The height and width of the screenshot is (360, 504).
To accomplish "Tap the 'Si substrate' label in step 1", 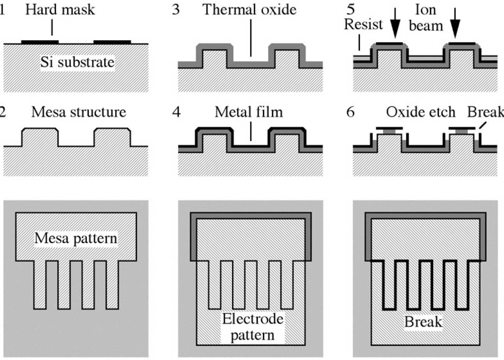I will pyautogui.click(x=78, y=61).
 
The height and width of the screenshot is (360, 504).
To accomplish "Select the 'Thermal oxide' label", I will pyautogui.click(x=250, y=10).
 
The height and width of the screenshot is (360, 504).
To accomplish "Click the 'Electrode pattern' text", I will pyautogui.click(x=250, y=326).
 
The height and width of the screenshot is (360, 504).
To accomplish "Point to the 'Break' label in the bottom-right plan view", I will pyautogui.click(x=425, y=322).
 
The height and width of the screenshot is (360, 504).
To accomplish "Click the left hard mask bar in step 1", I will pyautogui.click(x=40, y=42).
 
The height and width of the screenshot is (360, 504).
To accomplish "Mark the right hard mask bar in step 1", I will pyautogui.click(x=113, y=42).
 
